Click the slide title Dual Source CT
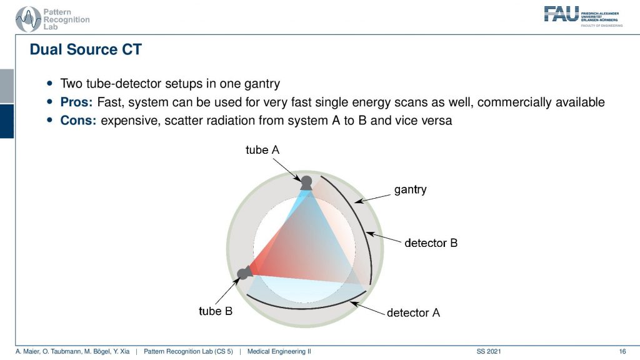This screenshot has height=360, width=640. (86, 49)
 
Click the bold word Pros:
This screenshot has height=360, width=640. (76, 102)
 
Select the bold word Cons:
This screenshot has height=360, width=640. (78, 121)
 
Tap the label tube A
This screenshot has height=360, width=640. (262, 150)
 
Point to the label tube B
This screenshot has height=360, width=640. (216, 311)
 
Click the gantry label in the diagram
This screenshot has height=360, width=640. (410, 190)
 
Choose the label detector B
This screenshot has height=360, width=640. (431, 243)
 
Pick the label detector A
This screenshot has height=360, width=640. (414, 312)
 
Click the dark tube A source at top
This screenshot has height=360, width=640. (306, 183)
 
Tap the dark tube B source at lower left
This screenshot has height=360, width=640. (244, 272)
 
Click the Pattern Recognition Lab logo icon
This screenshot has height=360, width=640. (28, 19)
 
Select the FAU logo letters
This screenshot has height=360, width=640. (561, 14)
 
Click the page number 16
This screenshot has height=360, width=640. (622, 351)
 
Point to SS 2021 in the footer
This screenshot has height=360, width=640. (489, 351)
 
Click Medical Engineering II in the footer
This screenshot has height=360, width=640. (279, 351)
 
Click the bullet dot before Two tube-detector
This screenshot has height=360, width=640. (50, 83)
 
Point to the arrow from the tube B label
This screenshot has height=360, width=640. (227, 291)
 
